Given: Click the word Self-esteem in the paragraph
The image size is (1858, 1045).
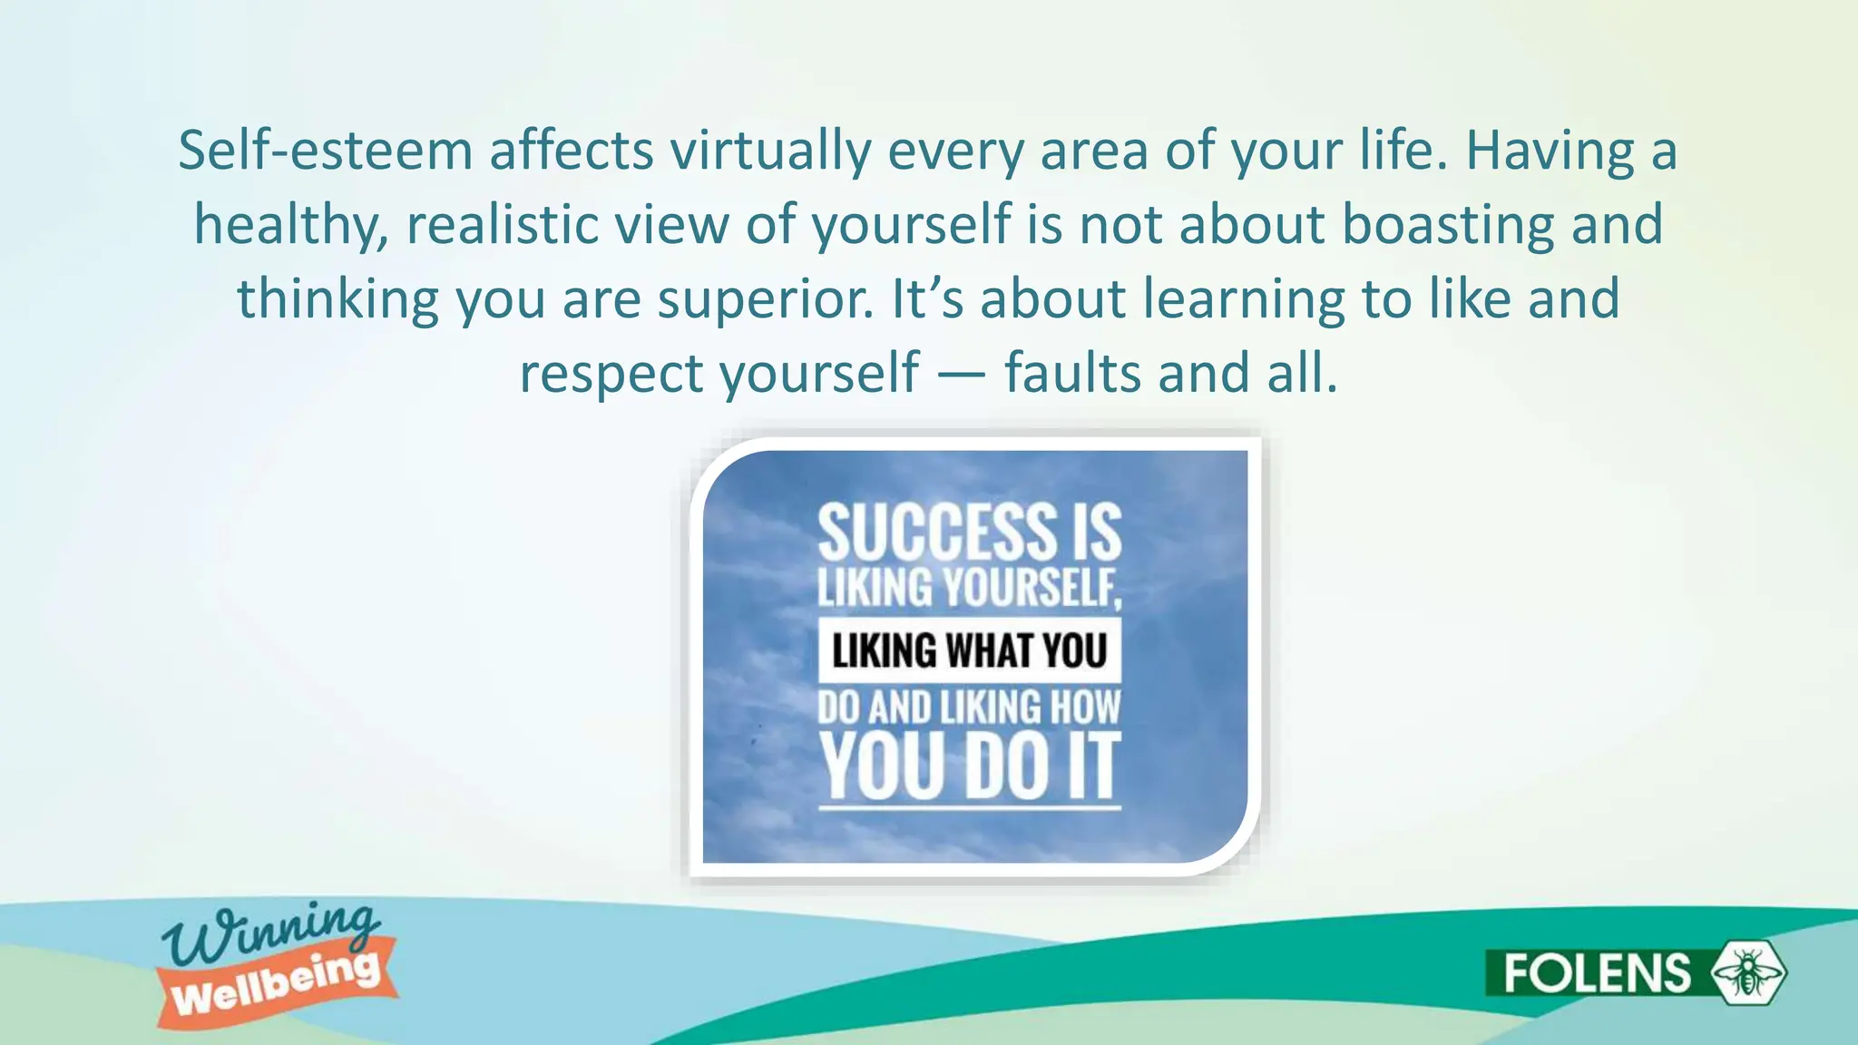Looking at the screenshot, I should (x=325, y=151).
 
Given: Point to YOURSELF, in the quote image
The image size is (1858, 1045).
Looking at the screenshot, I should (x=1032, y=587).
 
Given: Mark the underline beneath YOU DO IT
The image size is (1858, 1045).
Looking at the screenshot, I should (x=969, y=806).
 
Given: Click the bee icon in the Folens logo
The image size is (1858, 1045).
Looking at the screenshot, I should (x=1747, y=972).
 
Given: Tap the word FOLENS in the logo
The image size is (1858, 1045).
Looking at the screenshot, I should (x=1597, y=973).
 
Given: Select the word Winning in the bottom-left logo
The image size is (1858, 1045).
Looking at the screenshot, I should (x=269, y=933).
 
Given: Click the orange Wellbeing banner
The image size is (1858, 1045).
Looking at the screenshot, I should (x=277, y=985).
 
